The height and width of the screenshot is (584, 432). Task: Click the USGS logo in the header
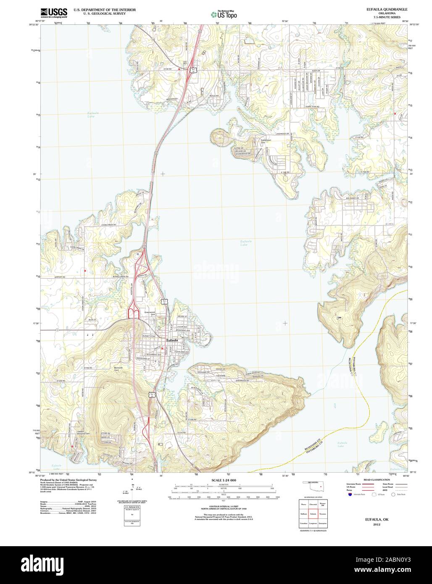(54, 13)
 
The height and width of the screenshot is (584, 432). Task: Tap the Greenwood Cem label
(150, 313)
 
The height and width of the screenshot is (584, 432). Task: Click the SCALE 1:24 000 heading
(224, 480)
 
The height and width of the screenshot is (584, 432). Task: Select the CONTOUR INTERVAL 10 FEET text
(224, 506)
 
